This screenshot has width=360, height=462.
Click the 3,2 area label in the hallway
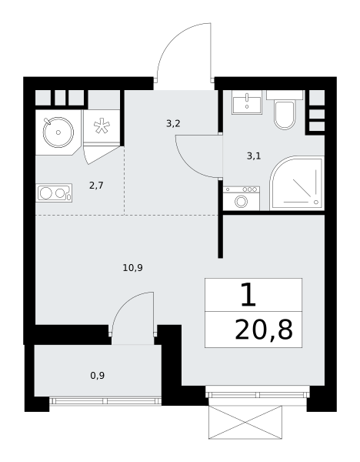click(173, 123)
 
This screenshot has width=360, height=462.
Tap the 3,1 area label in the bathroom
click(254, 156)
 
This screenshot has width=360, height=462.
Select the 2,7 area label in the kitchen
click(96, 186)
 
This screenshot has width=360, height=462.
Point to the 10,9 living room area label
click(133, 268)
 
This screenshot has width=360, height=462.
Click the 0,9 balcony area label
click(98, 376)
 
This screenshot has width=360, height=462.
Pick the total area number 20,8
click(264, 330)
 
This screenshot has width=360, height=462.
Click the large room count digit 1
click(248, 294)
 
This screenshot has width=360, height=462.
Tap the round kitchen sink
click(58, 132)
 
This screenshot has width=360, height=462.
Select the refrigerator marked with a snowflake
click(102, 127)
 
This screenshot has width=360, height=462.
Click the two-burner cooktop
click(54, 193)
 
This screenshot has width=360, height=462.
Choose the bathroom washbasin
click(247, 102)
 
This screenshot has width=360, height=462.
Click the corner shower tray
click(297, 183)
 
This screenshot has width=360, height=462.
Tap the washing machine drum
click(241, 202)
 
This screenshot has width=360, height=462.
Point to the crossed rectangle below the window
click(245, 422)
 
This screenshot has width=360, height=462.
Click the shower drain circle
click(316, 202)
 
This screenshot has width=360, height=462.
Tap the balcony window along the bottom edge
click(105, 400)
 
